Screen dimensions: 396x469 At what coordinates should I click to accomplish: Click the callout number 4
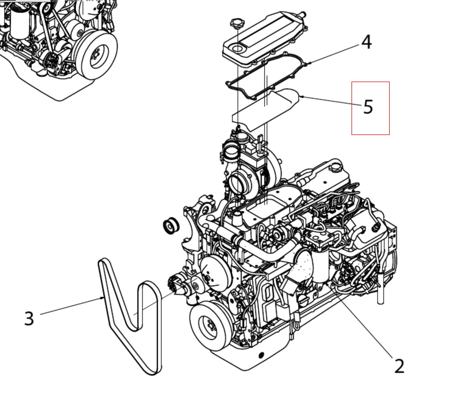367,42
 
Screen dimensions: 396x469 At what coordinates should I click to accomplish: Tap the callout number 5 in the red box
368,107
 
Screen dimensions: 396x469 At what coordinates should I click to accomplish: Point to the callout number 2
399,366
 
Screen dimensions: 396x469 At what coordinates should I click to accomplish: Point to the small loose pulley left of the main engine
171,226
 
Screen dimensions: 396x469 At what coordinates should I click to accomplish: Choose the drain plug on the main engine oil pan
260,355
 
